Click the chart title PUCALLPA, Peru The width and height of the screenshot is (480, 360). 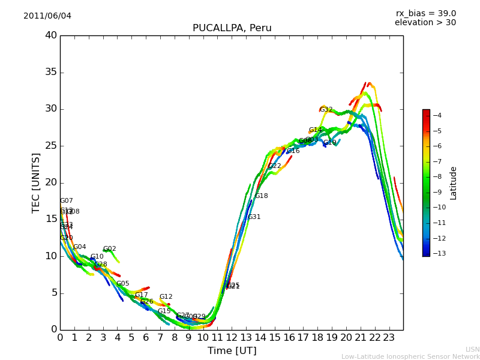click(x=232, y=28)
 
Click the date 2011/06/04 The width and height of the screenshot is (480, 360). click(x=47, y=16)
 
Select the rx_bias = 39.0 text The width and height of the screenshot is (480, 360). click(x=425, y=13)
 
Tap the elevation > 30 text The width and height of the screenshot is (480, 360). click(x=425, y=23)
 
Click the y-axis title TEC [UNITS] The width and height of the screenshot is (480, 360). click(x=36, y=182)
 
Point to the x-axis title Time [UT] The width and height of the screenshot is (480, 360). click(x=232, y=351)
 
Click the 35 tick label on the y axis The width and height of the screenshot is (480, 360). click(x=51, y=72)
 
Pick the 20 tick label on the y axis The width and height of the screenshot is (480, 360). click(x=51, y=182)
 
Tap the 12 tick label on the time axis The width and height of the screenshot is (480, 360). click(x=232, y=338)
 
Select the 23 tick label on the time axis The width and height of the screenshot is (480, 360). click(x=389, y=338)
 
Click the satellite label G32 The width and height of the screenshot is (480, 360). click(x=326, y=110)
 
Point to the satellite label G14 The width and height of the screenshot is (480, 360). click(x=315, y=130)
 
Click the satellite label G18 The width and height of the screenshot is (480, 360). click(x=261, y=196)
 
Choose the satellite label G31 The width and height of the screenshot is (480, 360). click(x=254, y=217)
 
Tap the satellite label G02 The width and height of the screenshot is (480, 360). click(x=109, y=249)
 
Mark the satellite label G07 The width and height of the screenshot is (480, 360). click(x=66, y=201)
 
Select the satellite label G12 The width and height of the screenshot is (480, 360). click(x=166, y=297)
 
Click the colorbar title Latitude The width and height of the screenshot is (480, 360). click(x=454, y=182)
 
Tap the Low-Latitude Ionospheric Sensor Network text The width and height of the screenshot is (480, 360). click(x=410, y=357)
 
